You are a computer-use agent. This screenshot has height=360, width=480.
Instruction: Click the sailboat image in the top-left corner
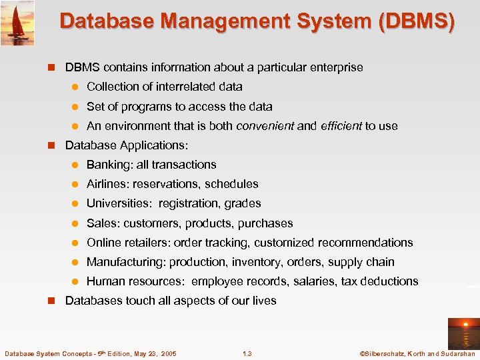17,23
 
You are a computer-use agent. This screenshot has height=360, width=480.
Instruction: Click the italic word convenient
265,125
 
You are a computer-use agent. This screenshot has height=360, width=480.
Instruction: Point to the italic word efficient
341,125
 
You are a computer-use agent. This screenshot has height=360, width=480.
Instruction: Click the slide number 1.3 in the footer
247,353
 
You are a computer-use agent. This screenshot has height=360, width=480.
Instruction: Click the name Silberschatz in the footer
386,353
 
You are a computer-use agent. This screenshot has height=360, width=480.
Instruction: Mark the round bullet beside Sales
76,223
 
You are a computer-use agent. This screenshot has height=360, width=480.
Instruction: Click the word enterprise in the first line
338,67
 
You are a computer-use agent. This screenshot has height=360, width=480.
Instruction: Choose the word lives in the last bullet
264,301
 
